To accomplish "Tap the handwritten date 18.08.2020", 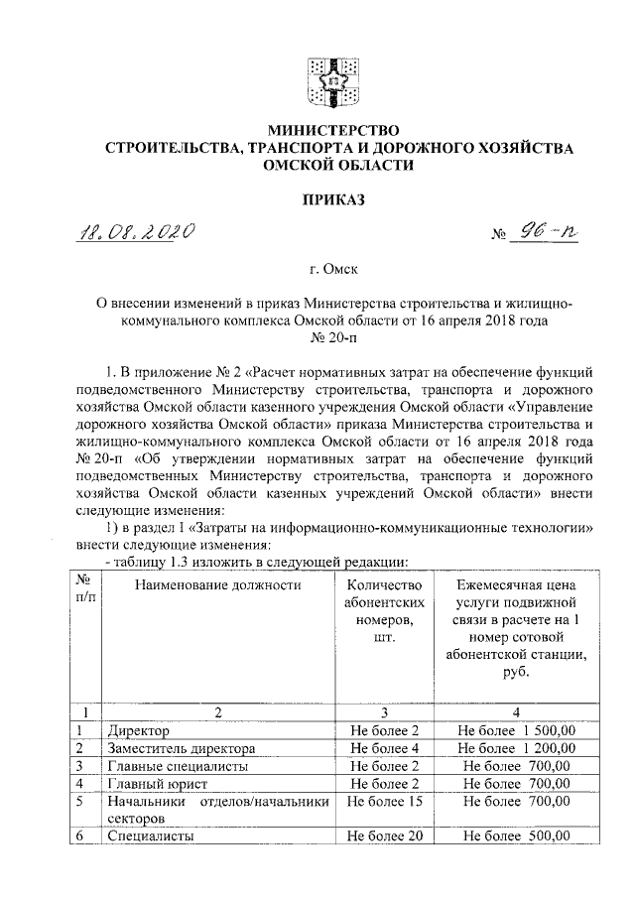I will tap(137, 234).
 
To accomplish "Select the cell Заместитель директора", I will tap(184, 747).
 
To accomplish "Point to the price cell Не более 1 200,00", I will tap(516, 747).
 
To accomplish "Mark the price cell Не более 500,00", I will tap(516, 836).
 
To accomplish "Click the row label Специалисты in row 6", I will tap(150, 836).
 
